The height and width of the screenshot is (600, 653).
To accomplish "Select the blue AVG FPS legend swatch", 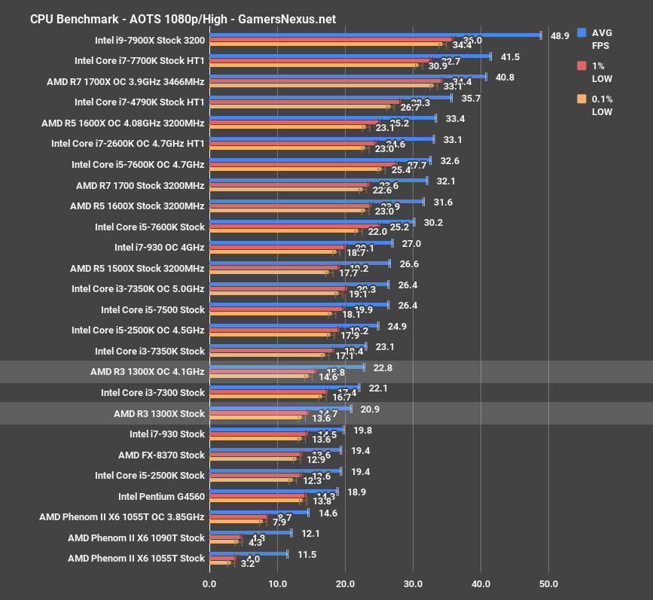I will [x=581, y=32].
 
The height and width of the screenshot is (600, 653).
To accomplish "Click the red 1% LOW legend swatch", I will [x=581, y=65].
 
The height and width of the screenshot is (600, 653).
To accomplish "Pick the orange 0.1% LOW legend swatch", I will [x=581, y=99].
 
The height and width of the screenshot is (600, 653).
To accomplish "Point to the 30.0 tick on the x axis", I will [x=413, y=583].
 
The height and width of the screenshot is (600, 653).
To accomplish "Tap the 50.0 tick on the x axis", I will [x=548, y=583].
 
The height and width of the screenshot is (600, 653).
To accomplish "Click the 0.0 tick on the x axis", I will [x=209, y=583].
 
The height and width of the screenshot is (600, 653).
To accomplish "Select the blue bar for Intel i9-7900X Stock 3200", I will [x=374, y=35].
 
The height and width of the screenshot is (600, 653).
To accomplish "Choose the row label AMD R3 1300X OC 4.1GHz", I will [x=147, y=372].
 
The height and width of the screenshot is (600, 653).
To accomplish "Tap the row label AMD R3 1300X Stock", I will [x=159, y=413].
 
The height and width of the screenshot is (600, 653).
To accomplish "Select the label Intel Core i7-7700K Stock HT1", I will [x=139, y=60].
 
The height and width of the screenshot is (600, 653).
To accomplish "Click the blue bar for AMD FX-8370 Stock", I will [x=275, y=449].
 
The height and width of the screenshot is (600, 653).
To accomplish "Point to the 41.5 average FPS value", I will [x=510, y=56].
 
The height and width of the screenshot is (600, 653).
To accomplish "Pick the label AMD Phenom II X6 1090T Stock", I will [x=136, y=538].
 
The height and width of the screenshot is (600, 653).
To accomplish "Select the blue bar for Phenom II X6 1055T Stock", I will [x=248, y=553].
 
